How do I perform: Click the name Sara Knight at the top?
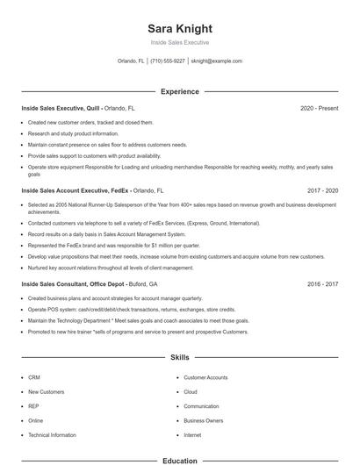(x=179, y=27)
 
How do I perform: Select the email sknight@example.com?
(x=216, y=61)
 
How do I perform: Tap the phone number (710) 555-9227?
(x=167, y=61)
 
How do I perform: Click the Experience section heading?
(x=179, y=91)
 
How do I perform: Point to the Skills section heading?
(x=179, y=358)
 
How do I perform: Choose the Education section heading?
(x=179, y=460)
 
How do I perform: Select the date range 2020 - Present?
(x=319, y=108)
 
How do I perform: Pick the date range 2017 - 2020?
(x=322, y=190)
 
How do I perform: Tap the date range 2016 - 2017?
(x=322, y=284)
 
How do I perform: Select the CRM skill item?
(x=33, y=377)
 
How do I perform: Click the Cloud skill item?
(x=191, y=392)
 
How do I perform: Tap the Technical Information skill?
(x=52, y=435)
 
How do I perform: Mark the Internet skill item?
(x=192, y=435)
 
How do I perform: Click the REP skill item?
(x=33, y=406)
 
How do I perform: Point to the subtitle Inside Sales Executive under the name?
(x=179, y=42)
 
